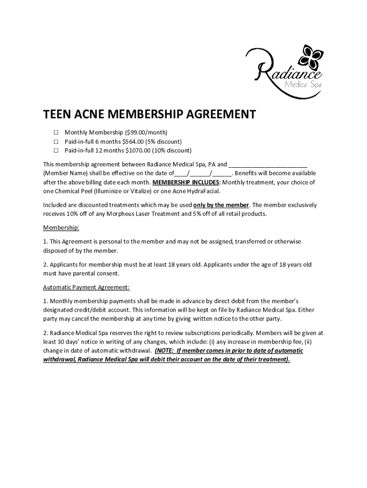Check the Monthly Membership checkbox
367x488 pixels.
pyautogui.click(x=55, y=132)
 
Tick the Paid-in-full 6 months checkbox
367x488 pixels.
pyautogui.click(x=55, y=142)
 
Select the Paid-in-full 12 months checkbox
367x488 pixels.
pyautogui.click(x=55, y=151)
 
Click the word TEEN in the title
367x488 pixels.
pyautogui.click(x=59, y=115)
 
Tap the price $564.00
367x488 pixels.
pyautogui.click(x=136, y=142)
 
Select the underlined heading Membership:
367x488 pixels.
pyautogui.click(x=61, y=228)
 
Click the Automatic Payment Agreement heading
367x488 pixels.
pyautogui.click(x=86, y=287)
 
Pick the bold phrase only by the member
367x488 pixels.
pyautogui.click(x=221, y=205)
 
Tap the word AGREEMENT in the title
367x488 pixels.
pyautogui.click(x=221, y=115)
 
